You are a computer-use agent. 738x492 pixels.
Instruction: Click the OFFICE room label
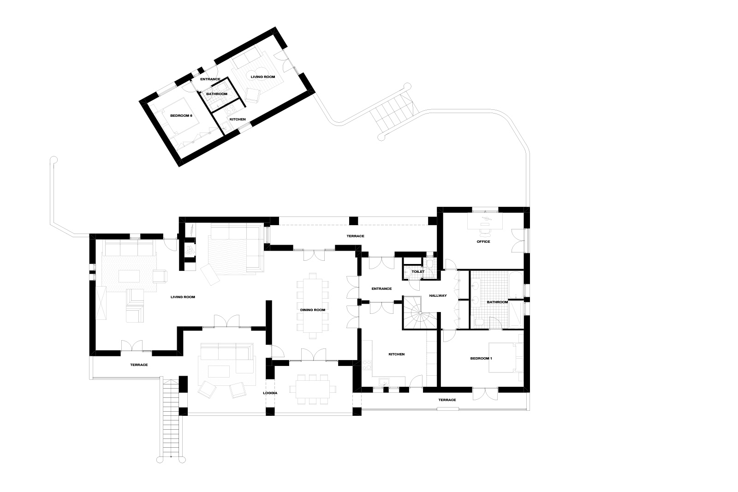point(483,242)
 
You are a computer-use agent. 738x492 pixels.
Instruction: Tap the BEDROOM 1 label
point(481,359)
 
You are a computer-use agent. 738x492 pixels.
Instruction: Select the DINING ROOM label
point(313,310)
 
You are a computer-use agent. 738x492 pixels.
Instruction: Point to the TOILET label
point(418,272)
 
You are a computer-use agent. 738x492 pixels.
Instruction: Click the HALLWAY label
point(438,296)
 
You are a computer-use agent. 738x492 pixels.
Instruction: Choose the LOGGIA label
point(270,393)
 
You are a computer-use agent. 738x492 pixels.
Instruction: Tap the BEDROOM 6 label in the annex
point(181,116)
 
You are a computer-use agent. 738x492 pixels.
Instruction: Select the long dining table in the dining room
point(313,306)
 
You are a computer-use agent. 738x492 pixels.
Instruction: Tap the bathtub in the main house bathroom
point(516,285)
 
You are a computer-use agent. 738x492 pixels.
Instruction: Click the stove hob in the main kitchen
point(366,365)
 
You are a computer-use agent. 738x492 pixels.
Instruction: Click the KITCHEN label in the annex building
point(238,120)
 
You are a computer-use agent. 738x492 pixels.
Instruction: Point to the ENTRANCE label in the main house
point(381,289)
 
